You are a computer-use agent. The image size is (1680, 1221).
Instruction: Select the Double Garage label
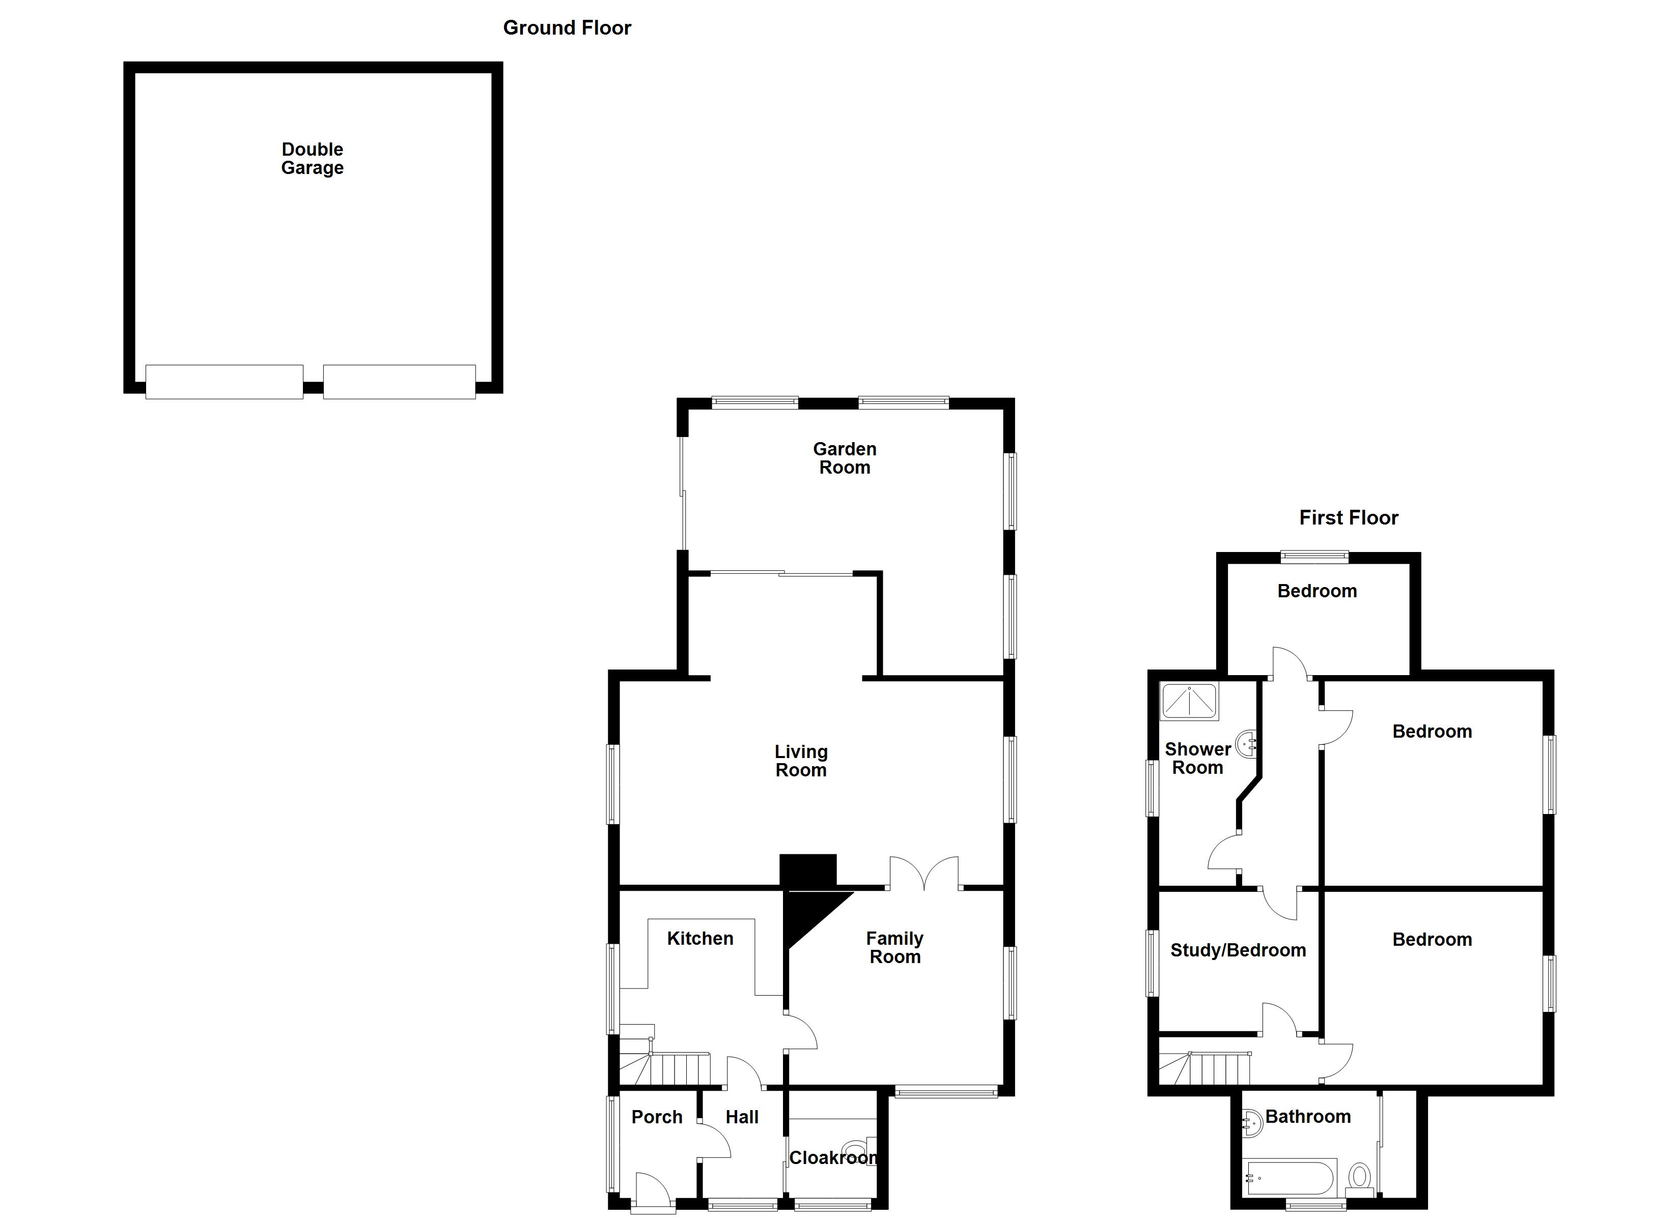pos(312,158)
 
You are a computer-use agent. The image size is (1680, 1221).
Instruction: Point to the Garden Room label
pos(845,458)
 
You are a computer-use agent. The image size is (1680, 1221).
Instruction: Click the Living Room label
pos(801,761)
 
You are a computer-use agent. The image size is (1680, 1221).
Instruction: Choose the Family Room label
pos(895,948)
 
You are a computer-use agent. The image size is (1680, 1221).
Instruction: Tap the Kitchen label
pos(700,939)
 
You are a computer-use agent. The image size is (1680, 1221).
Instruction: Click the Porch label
pos(656,1117)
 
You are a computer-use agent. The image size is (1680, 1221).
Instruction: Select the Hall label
pos(741,1117)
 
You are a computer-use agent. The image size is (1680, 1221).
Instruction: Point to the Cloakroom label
pos(832,1158)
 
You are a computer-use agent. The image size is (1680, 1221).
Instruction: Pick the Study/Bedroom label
pos(1238,951)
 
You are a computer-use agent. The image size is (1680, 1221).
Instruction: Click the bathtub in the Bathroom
pos(1291,1177)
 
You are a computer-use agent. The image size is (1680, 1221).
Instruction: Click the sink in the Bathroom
pos(1250,1122)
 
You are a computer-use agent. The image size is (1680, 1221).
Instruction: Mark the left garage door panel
pos(223,382)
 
